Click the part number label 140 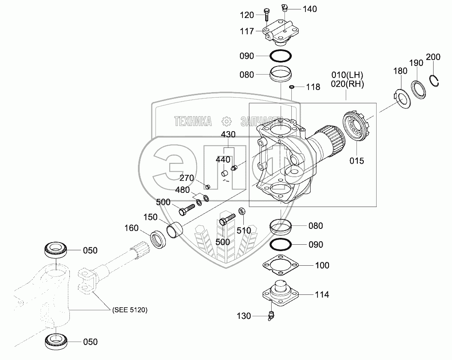point(310,9)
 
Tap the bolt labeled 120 point(266,15)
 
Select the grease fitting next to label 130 point(271,316)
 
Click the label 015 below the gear point(356,161)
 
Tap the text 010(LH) point(347,75)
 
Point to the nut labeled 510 point(242,211)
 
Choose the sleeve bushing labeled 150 point(175,229)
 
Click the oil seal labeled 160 point(158,239)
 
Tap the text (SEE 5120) point(130,310)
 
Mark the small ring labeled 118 point(292,87)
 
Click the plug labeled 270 point(207,187)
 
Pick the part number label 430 point(228,135)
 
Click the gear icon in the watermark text point(227,121)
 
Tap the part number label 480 point(183,190)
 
